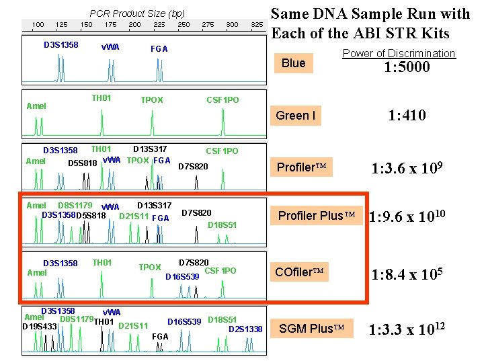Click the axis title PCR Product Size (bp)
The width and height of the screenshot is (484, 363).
(137, 13)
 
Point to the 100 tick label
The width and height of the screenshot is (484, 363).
(38, 25)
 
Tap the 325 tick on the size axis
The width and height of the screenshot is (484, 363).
(256, 25)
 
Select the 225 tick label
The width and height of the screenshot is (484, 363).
(159, 25)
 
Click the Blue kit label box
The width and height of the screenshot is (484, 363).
(294, 63)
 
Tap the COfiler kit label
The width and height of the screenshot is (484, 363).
(300, 272)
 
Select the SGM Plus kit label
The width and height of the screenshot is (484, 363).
(307, 328)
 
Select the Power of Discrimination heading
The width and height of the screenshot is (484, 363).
(399, 53)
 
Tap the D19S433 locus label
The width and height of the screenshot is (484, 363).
(40, 327)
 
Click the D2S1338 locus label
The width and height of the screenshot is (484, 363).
(245, 329)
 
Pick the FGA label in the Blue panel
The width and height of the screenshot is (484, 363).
(159, 48)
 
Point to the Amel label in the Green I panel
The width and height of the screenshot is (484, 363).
(36, 106)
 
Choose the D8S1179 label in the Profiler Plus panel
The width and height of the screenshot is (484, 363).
(75, 205)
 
